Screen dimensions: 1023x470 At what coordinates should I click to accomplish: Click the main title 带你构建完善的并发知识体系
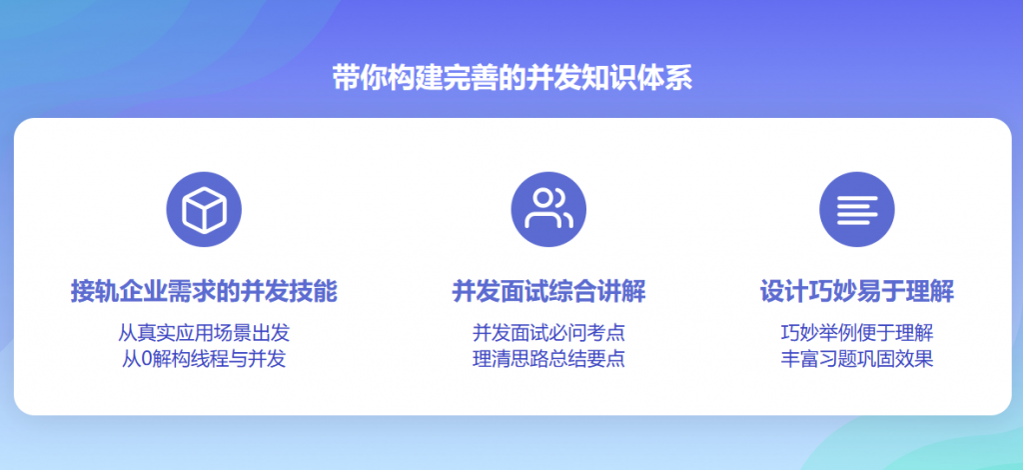(511, 78)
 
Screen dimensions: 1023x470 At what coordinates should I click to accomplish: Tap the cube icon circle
(204, 210)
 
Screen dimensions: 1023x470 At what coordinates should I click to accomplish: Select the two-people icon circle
(548, 210)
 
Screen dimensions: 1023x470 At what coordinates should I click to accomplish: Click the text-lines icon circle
(857, 210)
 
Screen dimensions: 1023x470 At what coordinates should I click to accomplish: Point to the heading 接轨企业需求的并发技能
(204, 292)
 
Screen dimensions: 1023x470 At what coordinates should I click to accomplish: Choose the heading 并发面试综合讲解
(548, 292)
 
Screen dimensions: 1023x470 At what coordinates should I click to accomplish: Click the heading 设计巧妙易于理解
(857, 292)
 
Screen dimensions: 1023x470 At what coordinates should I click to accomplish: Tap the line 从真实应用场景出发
(204, 333)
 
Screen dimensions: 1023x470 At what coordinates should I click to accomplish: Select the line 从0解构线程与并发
(204, 359)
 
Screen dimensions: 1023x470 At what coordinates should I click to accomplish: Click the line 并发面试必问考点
(548, 333)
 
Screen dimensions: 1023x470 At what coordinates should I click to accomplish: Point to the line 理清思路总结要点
(548, 359)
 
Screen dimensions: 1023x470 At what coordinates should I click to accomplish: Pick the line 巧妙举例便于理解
(857, 333)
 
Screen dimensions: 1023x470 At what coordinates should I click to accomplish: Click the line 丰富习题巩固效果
(857, 359)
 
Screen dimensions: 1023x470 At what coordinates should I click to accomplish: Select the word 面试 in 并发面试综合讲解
(524, 292)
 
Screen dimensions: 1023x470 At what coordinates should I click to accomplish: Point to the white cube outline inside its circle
(204, 210)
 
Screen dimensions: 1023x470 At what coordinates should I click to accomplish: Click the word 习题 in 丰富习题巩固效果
(838, 359)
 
